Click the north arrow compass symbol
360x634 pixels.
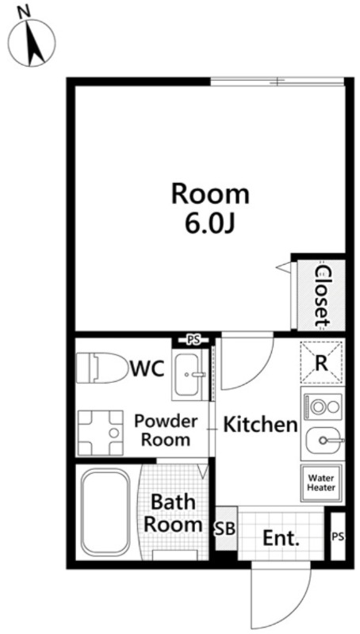click(33, 43)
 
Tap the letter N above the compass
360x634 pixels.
click(25, 12)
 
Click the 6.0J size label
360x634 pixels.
click(210, 224)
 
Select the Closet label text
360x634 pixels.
click(323, 296)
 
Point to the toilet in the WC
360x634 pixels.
click(101, 368)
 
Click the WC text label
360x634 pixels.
click(147, 369)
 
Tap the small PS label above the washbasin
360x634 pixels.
click(193, 340)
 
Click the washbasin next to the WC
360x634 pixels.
click(190, 374)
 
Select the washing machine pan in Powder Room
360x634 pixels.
click(100, 433)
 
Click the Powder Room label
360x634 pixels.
click(166, 430)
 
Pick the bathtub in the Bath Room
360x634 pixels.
click(105, 511)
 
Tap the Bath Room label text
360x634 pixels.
click(173, 514)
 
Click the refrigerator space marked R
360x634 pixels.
click(321, 363)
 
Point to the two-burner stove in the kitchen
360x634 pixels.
click(324, 407)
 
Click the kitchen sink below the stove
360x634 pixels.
click(324, 441)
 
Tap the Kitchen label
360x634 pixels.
click(261, 425)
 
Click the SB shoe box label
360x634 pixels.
click(224, 529)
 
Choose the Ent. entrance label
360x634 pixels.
click(281, 539)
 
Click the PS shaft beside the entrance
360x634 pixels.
click(338, 537)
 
